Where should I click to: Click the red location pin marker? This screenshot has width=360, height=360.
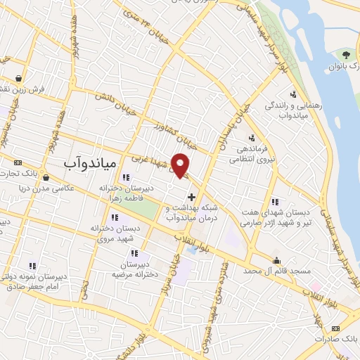181,165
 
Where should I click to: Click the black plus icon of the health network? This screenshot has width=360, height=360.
191,195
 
